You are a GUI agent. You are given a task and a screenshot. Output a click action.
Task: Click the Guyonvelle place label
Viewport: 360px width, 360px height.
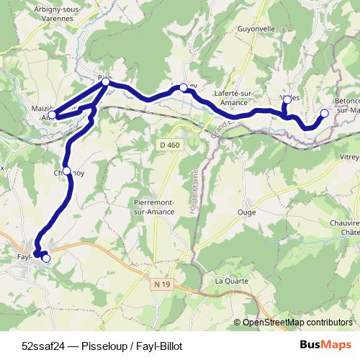pos(256,30)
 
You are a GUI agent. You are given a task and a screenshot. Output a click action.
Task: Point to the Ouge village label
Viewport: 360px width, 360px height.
pos(246,212)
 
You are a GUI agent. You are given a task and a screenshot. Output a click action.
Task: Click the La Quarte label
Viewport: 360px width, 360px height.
pos(231,280)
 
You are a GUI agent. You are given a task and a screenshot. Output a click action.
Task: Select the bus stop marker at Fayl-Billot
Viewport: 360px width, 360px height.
pos(46,258)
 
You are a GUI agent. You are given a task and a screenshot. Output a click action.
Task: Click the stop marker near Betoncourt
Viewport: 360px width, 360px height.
pos(324,113)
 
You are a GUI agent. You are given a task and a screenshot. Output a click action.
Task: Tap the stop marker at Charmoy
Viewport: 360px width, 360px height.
pos(67,171)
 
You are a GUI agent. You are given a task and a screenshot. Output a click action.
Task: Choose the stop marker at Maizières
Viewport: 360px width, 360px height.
pos(52,114)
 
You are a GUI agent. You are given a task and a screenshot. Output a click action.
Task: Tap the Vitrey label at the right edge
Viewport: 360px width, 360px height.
pos(349,156)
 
